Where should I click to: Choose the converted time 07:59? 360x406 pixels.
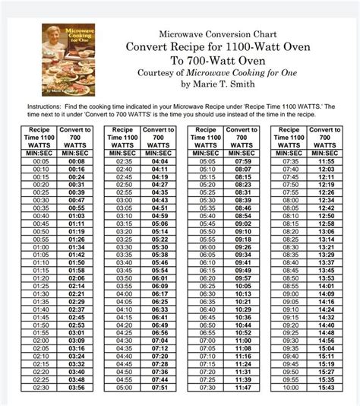click(x=242, y=162)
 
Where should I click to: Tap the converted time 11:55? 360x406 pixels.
click(x=327, y=162)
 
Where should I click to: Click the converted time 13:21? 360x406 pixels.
click(x=327, y=248)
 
